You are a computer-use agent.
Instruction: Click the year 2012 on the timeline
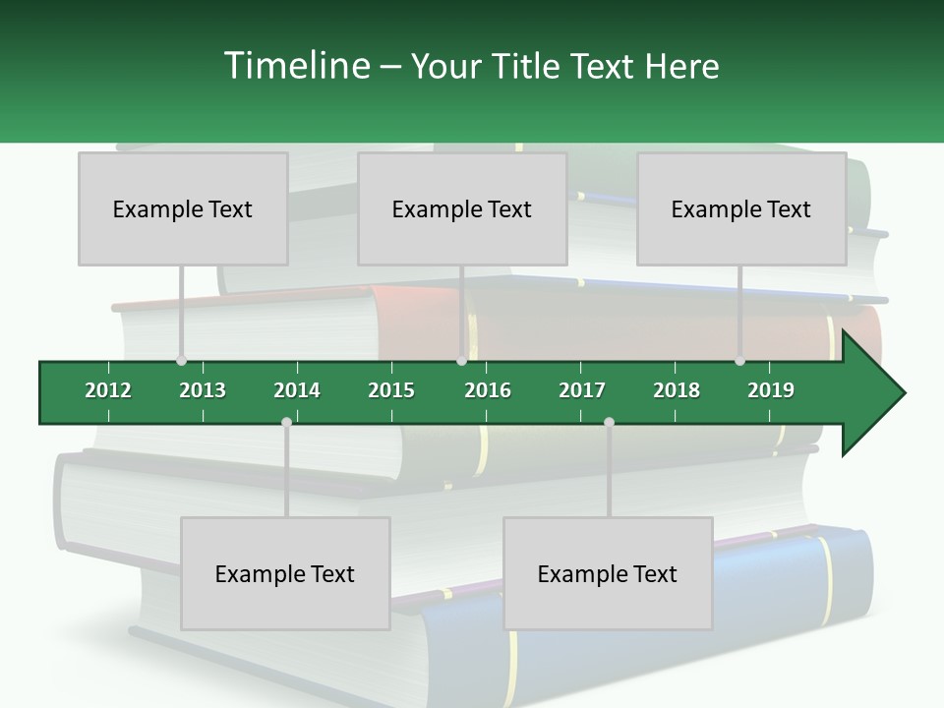pos(108,390)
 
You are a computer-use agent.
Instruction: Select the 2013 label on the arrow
pos(203,390)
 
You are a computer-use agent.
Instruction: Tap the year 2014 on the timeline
pos(297,390)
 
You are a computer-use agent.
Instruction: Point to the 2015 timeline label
pos(391,390)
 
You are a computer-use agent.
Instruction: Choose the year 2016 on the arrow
pos(488,390)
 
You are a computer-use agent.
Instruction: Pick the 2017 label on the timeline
pos(582,390)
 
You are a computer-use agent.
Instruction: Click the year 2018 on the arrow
pos(677,390)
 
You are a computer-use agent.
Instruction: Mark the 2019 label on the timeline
pos(771,390)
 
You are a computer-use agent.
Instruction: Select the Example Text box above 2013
pos(183,208)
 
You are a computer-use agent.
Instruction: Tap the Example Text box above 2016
pos(462,208)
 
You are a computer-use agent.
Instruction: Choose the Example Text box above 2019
pos(741,208)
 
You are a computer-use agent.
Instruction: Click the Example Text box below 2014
pos(285,573)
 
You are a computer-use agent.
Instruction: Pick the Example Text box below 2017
pos(608,573)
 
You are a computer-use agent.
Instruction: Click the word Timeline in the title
pos(295,66)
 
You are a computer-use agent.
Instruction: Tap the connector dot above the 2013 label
pos(181,361)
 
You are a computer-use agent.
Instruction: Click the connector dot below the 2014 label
pos(286,423)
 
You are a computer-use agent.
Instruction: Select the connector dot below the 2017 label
pos(609,423)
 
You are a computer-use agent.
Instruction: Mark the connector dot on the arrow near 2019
pos(740,361)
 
